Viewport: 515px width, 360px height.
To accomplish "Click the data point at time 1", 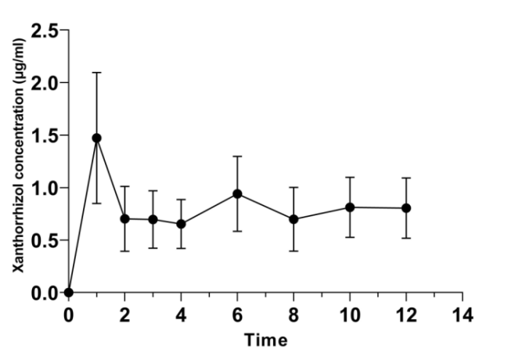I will [x=97, y=138].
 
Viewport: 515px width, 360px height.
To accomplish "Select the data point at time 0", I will [x=69, y=293].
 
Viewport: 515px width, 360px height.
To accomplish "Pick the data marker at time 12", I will [x=406, y=208].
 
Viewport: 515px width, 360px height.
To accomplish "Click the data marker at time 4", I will [x=182, y=224].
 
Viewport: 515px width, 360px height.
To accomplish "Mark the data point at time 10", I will [x=350, y=207].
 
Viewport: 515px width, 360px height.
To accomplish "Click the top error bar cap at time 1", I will [x=97, y=73].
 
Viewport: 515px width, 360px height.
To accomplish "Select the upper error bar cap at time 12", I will [x=406, y=178].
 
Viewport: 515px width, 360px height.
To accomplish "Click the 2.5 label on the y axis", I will [x=45, y=31].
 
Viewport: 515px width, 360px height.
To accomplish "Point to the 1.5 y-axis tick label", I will [x=45, y=135].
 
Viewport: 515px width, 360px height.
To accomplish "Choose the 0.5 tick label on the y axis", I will [x=45, y=240].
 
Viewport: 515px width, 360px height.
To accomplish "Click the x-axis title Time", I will [x=265, y=340].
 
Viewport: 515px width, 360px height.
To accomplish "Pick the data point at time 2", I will [x=125, y=218].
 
